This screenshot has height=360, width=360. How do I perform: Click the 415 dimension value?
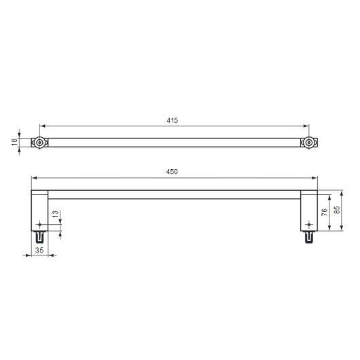pos(173,120)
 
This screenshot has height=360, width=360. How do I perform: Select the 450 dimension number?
pos(172,172)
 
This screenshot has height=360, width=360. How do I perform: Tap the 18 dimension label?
pos(14,142)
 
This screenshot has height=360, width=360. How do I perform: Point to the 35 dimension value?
pos(39,250)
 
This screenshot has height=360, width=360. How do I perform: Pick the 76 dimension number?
pos(324,212)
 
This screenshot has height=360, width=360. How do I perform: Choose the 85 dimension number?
pos(337,210)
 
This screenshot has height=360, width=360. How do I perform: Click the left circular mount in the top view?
pos(39,143)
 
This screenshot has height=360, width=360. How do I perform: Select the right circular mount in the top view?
pos(309,143)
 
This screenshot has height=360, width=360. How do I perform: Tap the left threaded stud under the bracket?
pos(39,237)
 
